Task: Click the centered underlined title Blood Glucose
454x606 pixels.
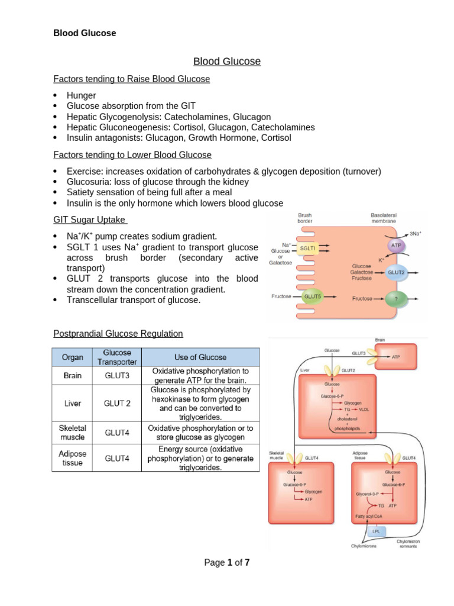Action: click(x=227, y=62)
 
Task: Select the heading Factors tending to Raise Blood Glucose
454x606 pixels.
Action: click(x=131, y=79)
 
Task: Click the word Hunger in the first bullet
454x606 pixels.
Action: click(x=82, y=95)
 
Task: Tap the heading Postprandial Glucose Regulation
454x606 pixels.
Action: click(x=118, y=334)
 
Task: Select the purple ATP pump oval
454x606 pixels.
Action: click(x=396, y=244)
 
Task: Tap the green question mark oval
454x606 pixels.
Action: click(x=395, y=299)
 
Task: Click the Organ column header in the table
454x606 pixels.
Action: click(x=72, y=357)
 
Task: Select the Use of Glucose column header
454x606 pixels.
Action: click(x=200, y=357)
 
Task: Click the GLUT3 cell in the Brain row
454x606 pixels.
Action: click(x=117, y=375)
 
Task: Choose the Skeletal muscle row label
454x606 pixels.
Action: click(x=72, y=433)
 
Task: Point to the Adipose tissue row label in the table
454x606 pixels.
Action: click(x=72, y=457)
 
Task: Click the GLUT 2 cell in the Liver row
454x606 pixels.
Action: click(x=117, y=403)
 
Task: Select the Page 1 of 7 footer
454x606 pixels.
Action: click(x=227, y=563)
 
